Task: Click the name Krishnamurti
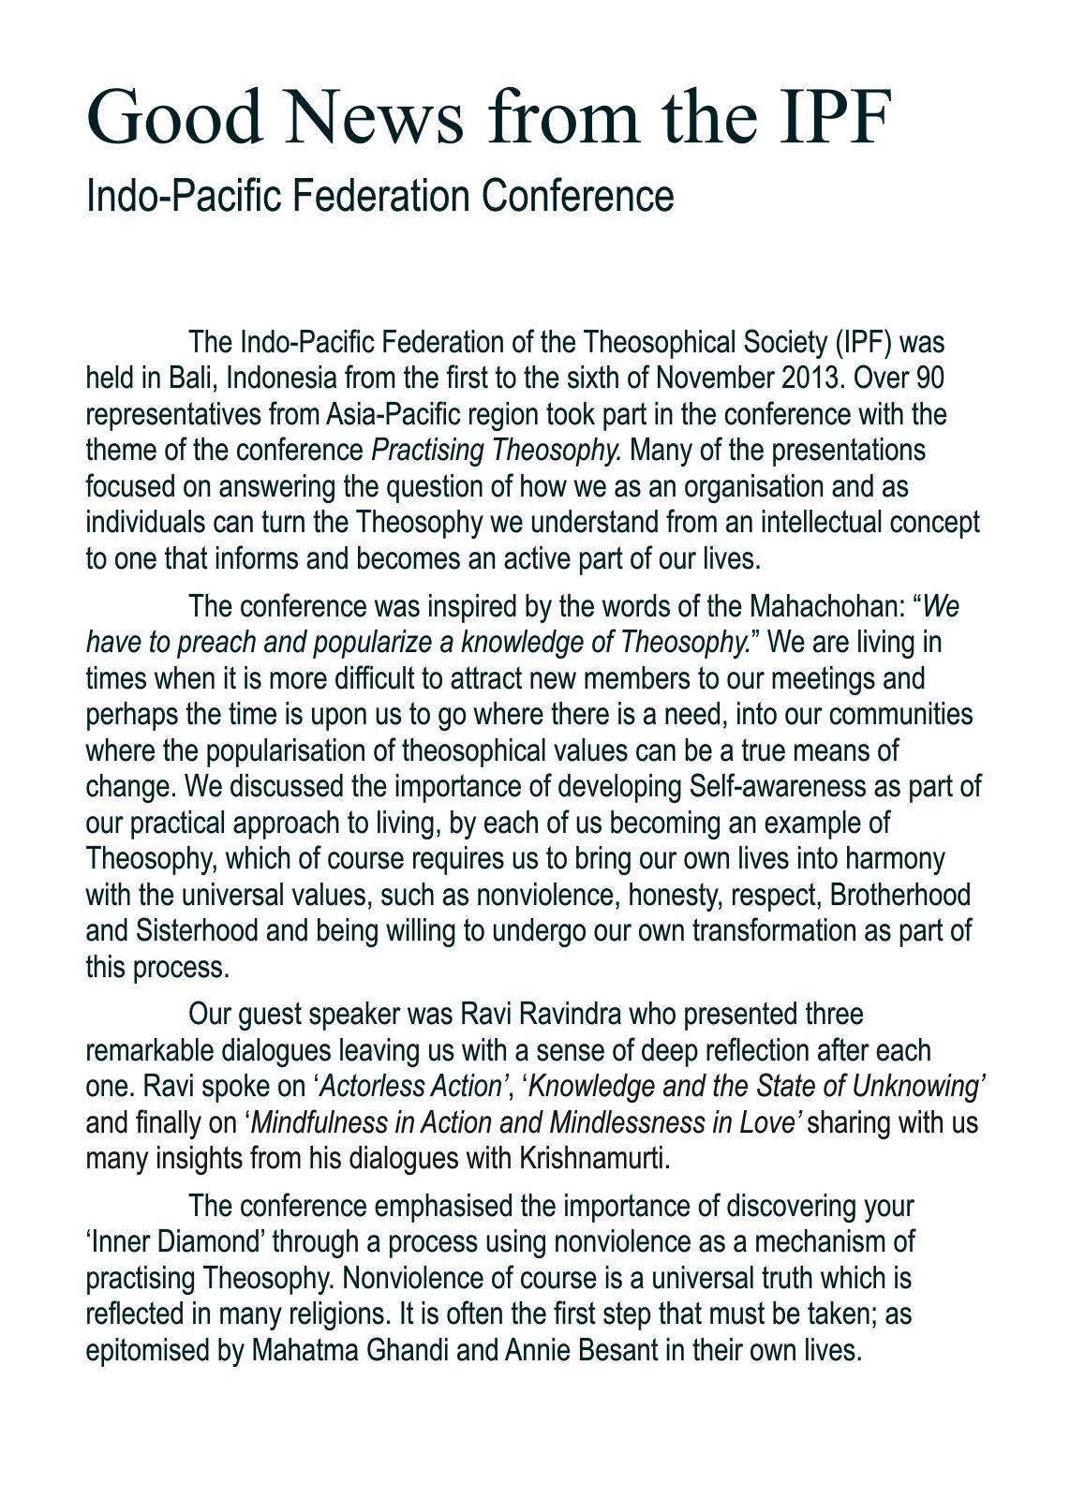594,1158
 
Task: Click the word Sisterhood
198,931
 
